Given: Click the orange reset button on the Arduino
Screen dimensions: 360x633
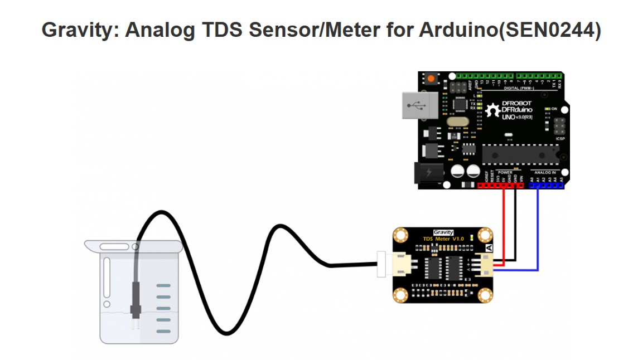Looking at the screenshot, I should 431,79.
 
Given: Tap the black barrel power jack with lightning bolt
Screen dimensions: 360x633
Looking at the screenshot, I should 427,173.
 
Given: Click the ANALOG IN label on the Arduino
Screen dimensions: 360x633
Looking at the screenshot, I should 545,172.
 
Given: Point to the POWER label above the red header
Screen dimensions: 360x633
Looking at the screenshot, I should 504,172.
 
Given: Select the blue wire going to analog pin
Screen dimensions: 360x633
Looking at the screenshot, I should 538,234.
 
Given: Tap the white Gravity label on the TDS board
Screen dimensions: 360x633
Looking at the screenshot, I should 443,232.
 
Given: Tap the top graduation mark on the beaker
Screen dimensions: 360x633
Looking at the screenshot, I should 163,286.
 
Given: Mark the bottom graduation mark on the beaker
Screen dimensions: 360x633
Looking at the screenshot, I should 163,331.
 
